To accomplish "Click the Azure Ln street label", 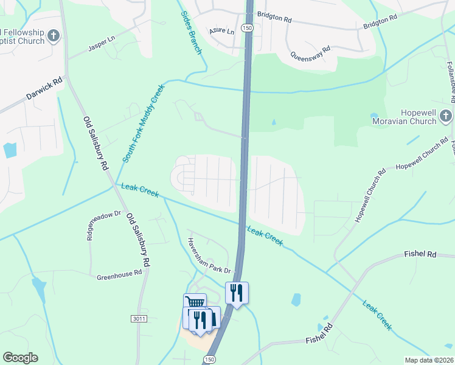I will pyautogui.click(x=221, y=31).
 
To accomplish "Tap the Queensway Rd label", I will pyautogui.click(x=310, y=52).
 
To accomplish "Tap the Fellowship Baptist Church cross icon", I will pyautogui.click(x=54, y=36).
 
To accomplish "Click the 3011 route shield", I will pyautogui.click(x=139, y=318).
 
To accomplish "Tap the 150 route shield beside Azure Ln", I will pyautogui.click(x=246, y=29).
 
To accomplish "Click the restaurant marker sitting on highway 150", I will pyautogui.click(x=237, y=293).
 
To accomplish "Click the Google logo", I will pyautogui.click(x=20, y=358).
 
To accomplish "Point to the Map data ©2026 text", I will pyautogui.click(x=428, y=360).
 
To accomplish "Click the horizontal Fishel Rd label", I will pyautogui.click(x=420, y=254).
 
